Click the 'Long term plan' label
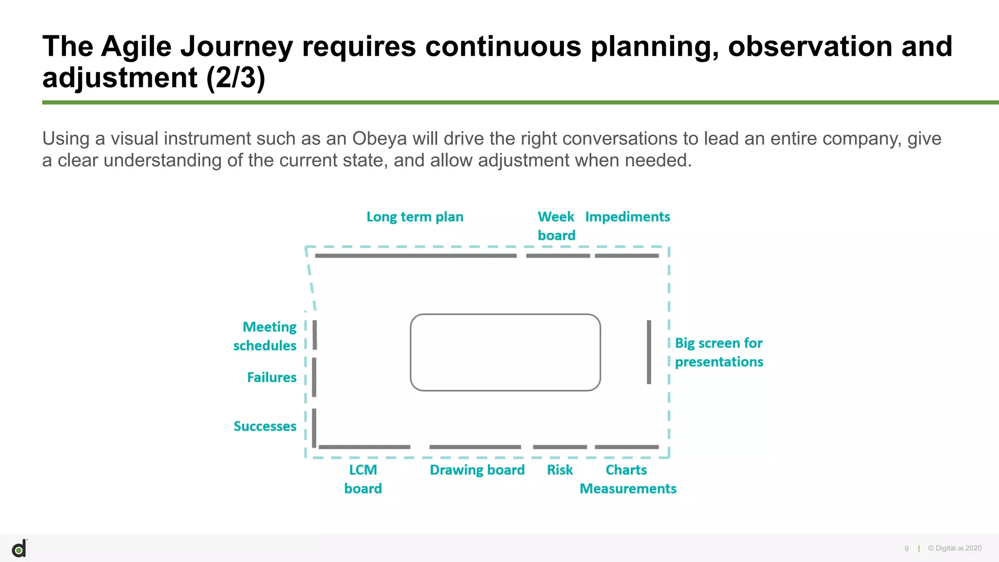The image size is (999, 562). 415,217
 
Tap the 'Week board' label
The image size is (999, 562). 556,226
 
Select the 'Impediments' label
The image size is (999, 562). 627,217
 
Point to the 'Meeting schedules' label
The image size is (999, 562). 265,336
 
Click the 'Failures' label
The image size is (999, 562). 272,377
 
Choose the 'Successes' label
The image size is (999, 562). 265,426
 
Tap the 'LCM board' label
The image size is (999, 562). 363,479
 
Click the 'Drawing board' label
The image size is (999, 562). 477,470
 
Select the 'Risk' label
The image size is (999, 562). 559,470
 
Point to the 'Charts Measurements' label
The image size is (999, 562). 627,479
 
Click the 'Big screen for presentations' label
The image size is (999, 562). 719,352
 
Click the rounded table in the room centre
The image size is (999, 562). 505,352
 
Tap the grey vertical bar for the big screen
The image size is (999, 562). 649,352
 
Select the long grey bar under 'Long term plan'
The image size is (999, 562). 416,256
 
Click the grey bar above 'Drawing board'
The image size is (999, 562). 475,447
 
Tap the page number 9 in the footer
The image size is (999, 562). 906,548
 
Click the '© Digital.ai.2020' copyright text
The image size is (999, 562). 955,548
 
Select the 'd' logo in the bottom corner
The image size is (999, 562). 20,549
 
